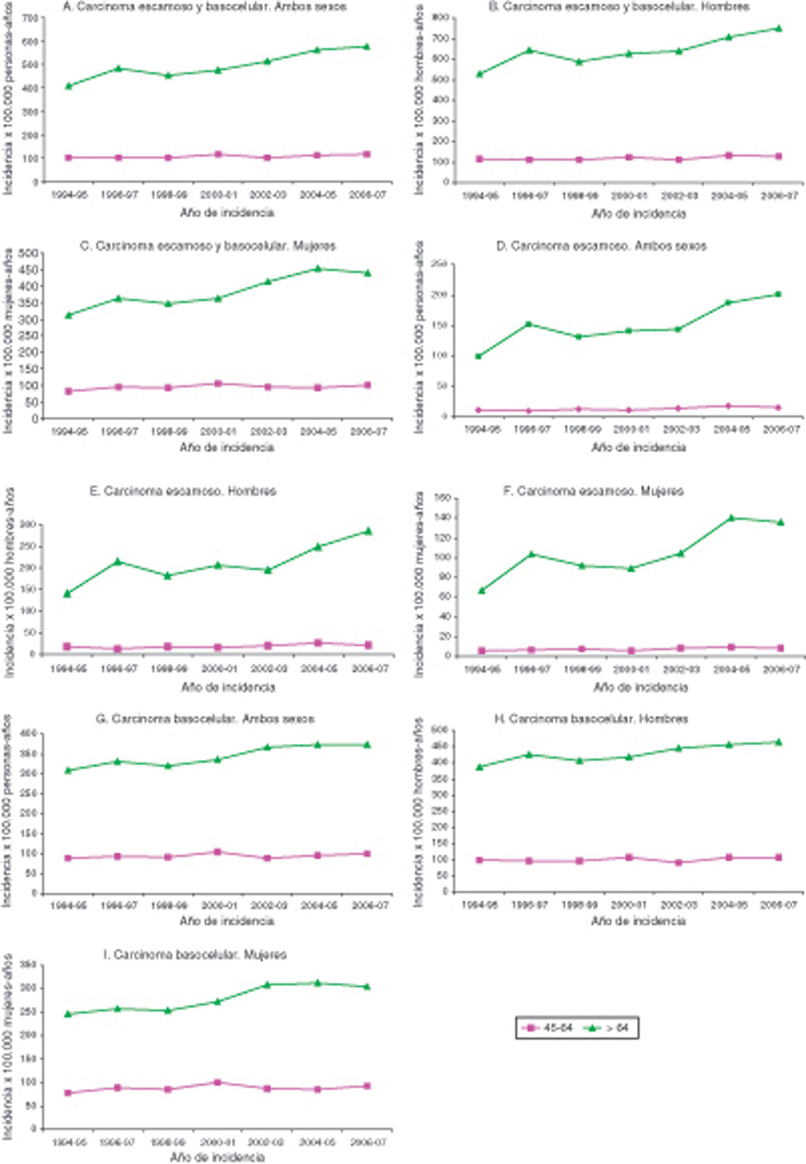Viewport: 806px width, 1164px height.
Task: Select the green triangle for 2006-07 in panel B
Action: coord(778,28)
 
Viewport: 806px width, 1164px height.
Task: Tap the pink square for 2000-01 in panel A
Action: coord(218,154)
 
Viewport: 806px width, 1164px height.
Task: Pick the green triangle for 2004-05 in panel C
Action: coord(318,269)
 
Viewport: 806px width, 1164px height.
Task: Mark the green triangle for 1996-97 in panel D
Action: coord(529,324)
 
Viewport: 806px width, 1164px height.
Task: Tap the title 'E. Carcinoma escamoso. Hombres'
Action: coord(190,491)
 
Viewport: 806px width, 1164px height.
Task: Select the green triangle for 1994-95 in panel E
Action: coord(67,593)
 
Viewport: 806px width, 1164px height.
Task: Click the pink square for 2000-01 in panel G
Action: coord(218,852)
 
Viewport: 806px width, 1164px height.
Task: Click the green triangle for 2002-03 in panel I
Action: coord(268,984)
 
